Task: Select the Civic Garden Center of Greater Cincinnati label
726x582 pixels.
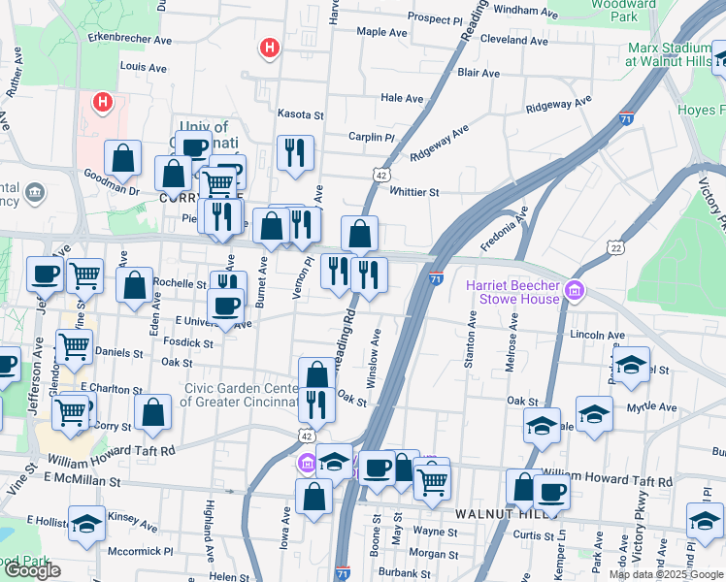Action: coord(240,396)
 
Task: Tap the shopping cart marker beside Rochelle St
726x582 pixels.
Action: coord(85,275)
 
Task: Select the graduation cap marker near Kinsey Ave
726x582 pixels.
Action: coord(87,523)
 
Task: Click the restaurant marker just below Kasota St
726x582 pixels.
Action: coord(295,152)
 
